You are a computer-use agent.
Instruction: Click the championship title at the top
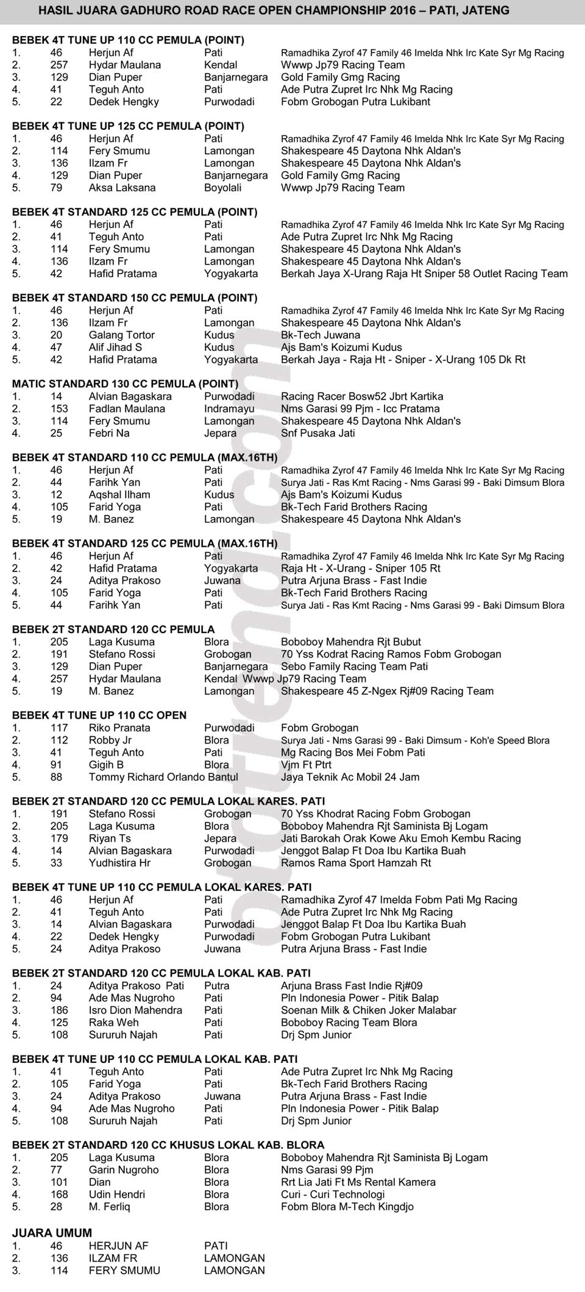point(274,10)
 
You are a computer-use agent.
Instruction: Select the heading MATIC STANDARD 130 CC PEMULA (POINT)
point(125,384)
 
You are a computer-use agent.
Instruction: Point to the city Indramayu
point(229,409)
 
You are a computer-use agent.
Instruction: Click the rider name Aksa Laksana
point(122,188)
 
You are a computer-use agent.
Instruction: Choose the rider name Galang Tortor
point(122,335)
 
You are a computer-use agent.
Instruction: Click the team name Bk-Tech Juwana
point(321,335)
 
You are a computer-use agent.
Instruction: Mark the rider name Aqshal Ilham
point(119,495)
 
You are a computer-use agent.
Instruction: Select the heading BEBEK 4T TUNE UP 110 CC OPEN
point(99,715)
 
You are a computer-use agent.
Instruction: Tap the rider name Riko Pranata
point(119,728)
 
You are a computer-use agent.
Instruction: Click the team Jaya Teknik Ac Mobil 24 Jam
point(350,777)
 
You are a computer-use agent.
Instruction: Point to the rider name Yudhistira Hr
point(119,863)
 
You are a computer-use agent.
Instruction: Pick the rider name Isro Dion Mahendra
point(135,1010)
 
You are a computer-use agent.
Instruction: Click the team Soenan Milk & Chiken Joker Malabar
point(368,1010)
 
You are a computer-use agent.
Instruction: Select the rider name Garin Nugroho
point(124,1170)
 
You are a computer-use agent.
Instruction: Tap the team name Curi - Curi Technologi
point(333,1194)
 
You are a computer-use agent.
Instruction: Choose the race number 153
point(59,409)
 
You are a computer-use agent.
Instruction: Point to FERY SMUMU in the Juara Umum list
point(124,1271)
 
